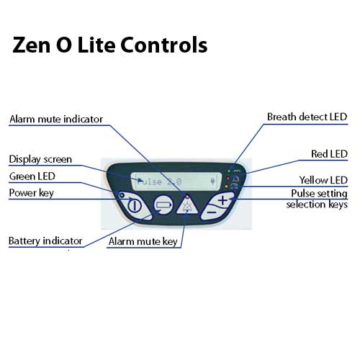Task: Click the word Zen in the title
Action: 32,45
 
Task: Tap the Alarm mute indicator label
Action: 56,119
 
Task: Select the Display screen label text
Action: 40,160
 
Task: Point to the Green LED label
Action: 32,176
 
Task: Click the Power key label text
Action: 31,193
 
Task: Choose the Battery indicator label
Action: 45,241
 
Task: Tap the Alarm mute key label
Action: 143,241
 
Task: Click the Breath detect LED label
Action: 307,117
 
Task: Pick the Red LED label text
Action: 329,154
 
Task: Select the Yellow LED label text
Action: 323,180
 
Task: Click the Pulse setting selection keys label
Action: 317,199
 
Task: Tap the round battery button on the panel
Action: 163,204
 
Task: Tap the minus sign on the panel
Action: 212,212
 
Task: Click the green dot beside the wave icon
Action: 229,171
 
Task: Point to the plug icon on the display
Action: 212,181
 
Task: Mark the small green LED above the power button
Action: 122,195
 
